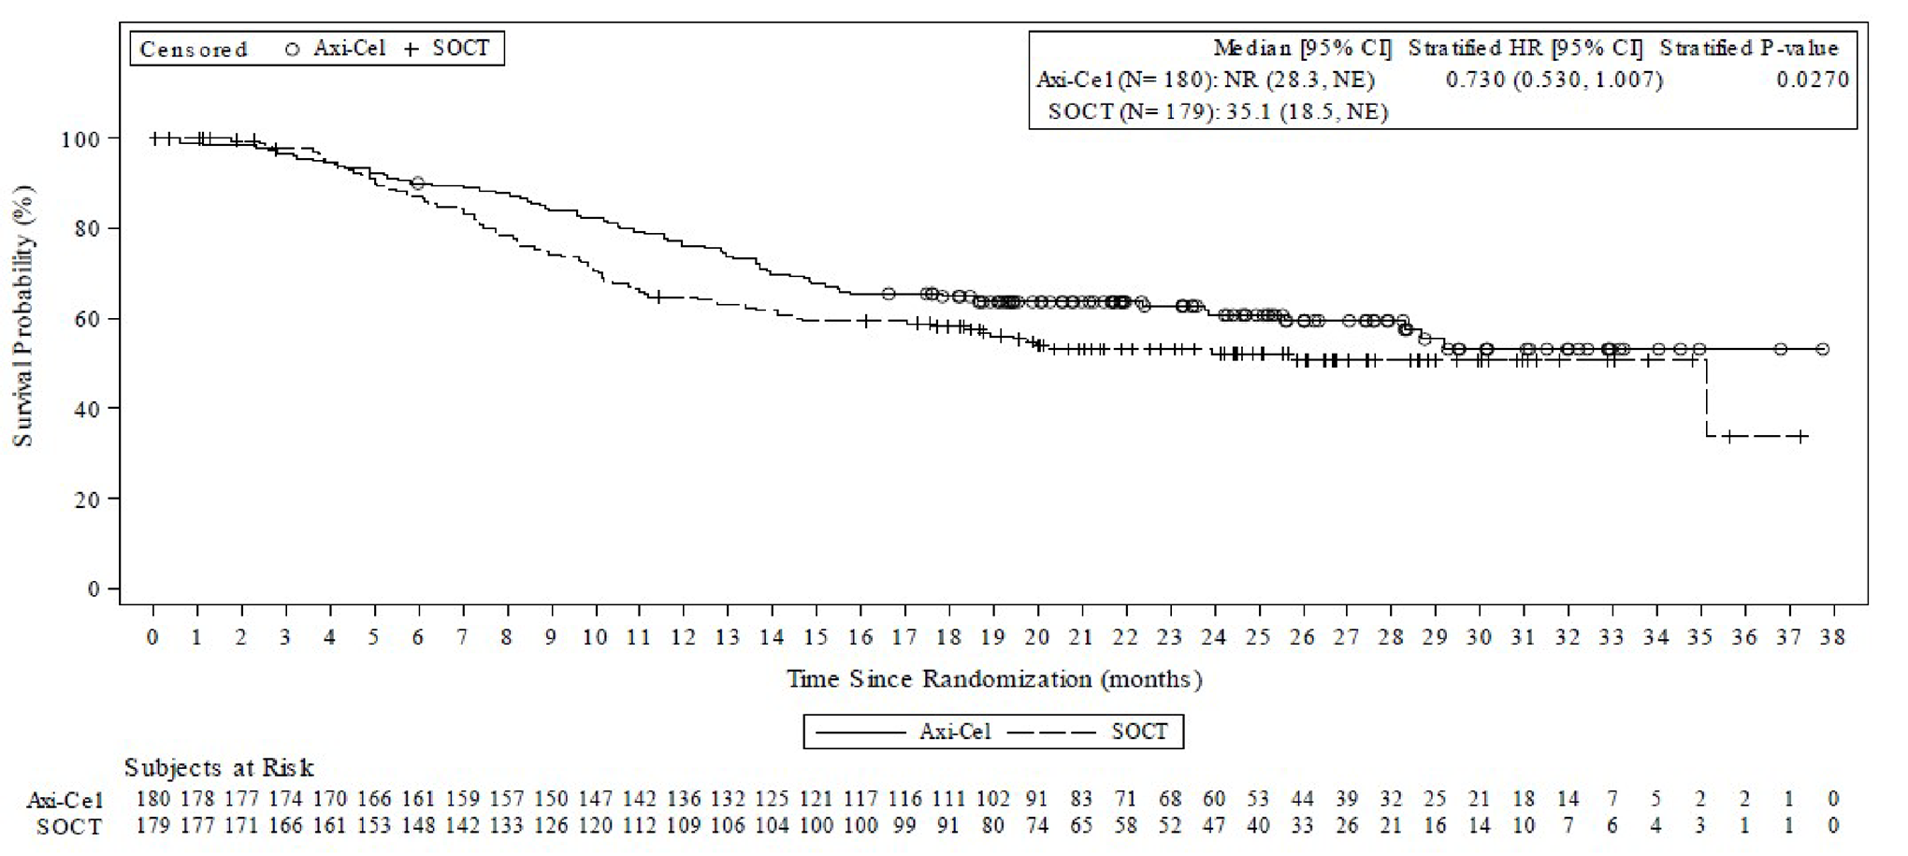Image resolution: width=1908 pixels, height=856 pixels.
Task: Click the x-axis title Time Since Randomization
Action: [x=993, y=679]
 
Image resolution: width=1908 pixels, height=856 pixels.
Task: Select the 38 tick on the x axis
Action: [x=1832, y=637]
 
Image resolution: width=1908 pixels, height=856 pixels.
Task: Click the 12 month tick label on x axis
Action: [x=683, y=637]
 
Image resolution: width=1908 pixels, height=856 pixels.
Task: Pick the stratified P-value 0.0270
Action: [x=1813, y=80]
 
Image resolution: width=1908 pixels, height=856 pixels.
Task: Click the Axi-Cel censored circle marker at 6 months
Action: [x=417, y=183]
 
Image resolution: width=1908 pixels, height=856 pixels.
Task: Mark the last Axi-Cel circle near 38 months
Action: [x=1822, y=349]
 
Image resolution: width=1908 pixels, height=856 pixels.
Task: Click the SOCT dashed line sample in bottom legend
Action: [x=1050, y=732]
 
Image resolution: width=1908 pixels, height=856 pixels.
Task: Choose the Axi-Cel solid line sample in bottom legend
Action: [x=860, y=732]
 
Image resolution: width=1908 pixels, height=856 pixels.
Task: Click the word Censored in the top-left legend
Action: [x=194, y=50]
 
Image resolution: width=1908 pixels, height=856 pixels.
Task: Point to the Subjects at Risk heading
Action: [x=219, y=768]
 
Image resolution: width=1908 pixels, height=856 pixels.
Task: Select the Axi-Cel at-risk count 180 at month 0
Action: [x=153, y=799]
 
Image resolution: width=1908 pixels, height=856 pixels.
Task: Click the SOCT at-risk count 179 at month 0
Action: [x=153, y=827]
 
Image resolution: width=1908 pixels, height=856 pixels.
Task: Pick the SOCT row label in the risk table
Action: [x=69, y=827]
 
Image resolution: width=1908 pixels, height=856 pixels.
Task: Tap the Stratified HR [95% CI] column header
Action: [x=1525, y=49]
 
